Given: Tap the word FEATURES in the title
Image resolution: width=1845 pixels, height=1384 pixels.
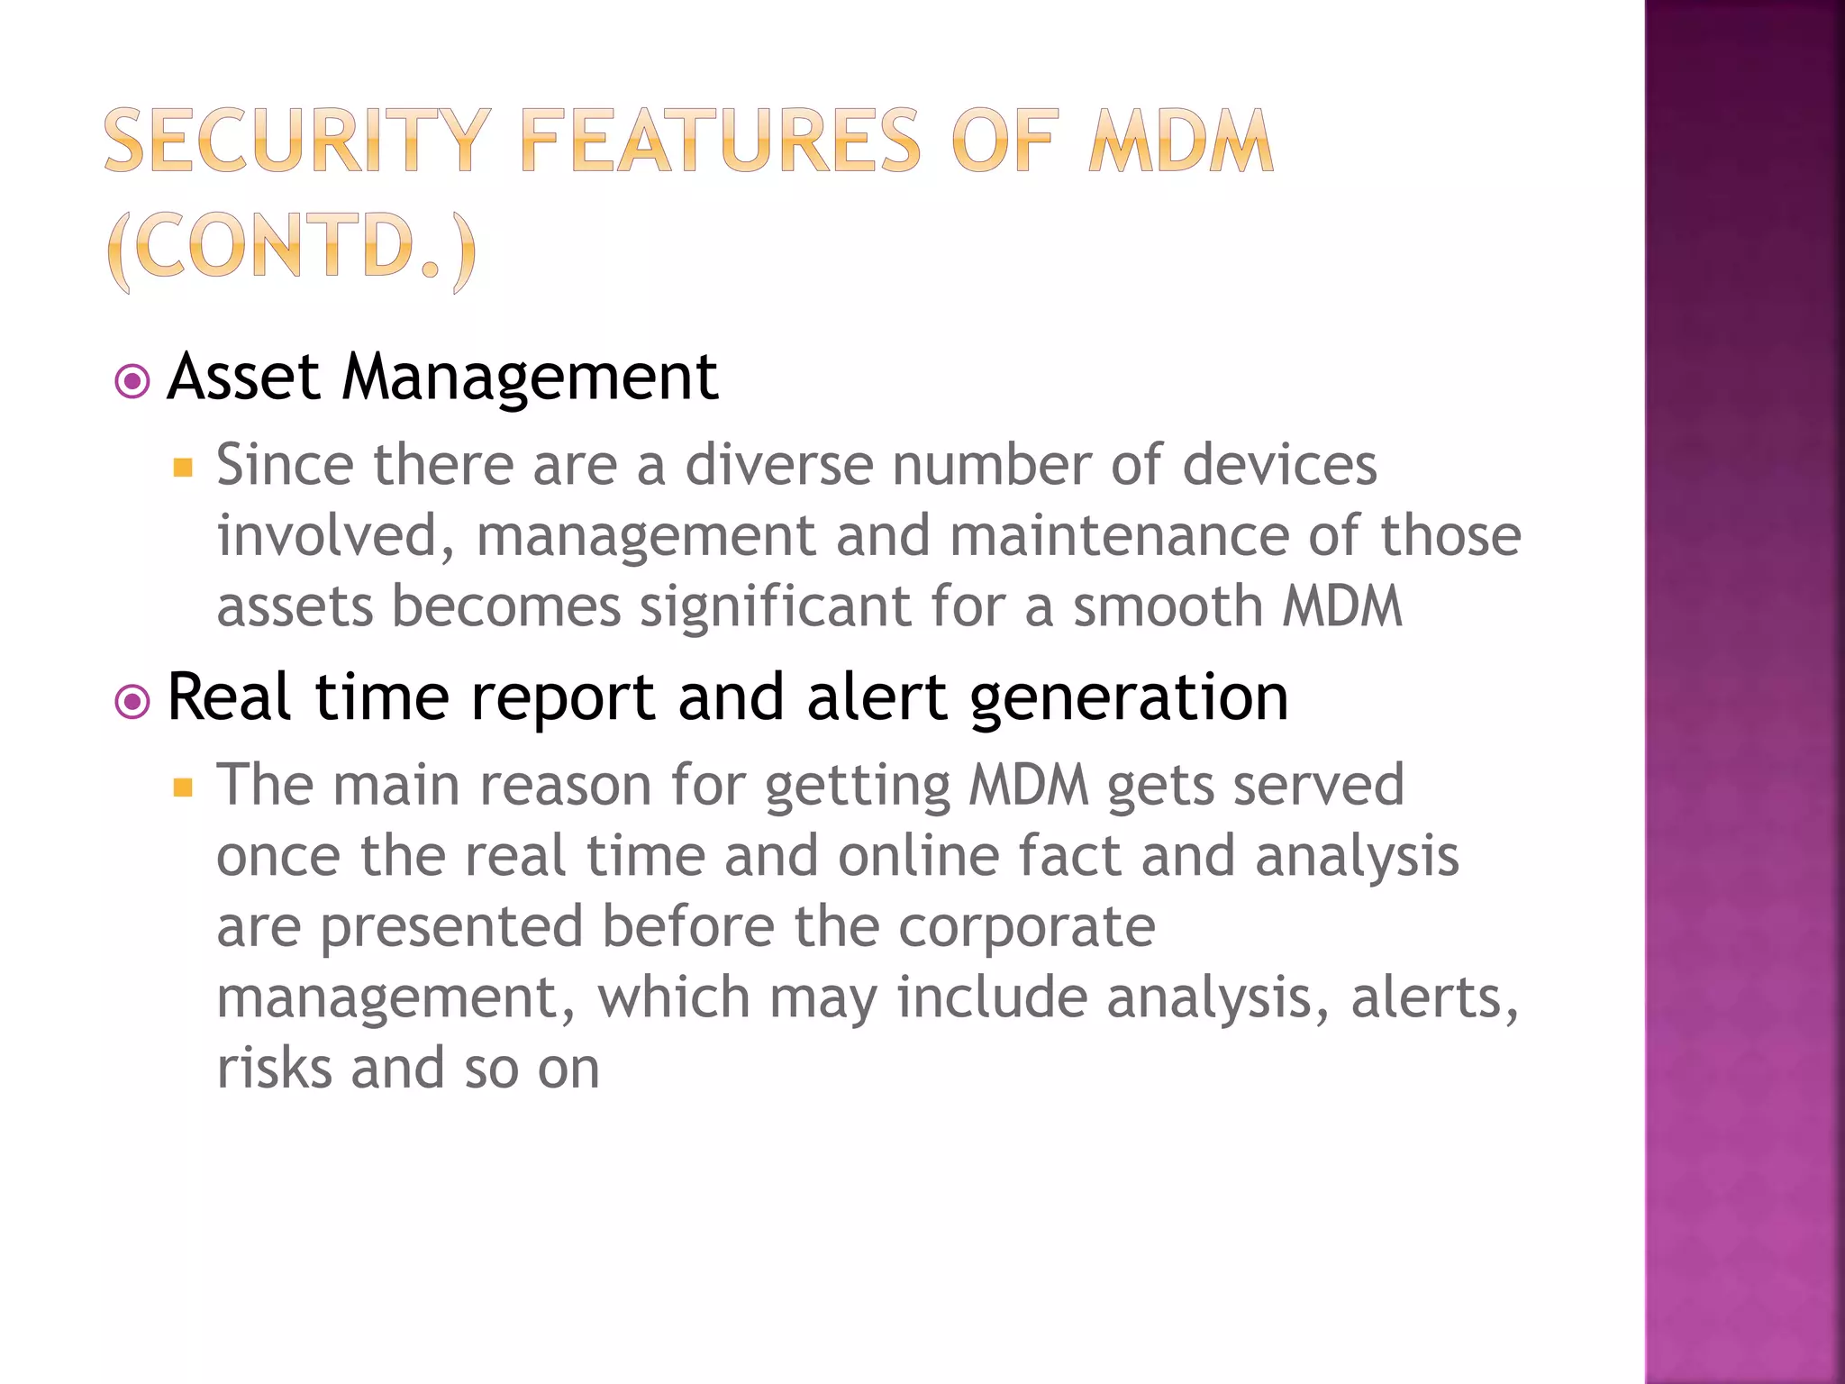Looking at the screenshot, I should [721, 141].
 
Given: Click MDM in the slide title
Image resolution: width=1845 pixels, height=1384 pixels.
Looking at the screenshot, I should [1180, 141].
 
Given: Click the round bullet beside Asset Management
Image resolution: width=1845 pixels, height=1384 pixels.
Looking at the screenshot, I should [133, 381].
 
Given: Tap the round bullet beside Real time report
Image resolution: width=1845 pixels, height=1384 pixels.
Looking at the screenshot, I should [133, 701].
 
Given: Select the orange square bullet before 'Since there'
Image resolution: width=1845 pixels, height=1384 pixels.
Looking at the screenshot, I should [184, 468].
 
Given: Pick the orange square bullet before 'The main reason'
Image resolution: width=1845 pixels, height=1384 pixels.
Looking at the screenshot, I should [184, 788].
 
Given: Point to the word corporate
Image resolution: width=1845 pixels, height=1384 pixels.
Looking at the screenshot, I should [1026, 926].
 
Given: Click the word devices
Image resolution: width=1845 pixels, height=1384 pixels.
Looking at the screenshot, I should [1279, 465].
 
